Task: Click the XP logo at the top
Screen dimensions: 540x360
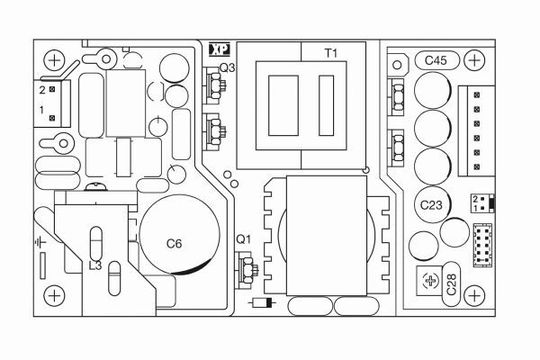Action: tap(219, 50)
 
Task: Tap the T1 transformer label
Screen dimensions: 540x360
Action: tap(331, 53)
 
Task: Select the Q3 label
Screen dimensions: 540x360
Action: tap(227, 68)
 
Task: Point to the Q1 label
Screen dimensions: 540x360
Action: tap(244, 239)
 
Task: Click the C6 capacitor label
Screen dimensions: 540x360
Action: tap(174, 244)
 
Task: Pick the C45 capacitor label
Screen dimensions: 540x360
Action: tap(436, 61)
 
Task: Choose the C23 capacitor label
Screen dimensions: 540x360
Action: tap(431, 205)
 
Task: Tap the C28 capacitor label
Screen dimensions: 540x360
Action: tap(451, 285)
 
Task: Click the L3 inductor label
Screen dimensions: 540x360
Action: tap(95, 266)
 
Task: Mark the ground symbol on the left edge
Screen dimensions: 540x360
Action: tap(40, 243)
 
